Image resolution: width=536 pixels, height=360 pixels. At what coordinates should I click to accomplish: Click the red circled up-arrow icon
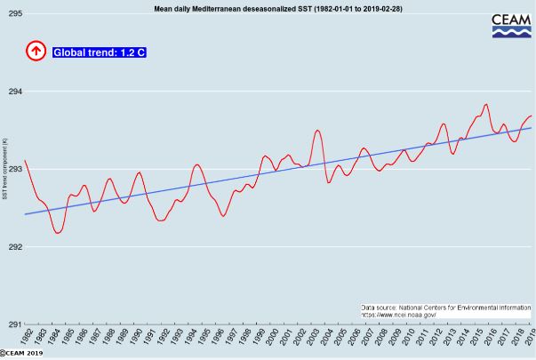(x=36, y=52)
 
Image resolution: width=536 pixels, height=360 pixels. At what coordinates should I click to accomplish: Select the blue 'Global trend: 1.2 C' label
(x=100, y=52)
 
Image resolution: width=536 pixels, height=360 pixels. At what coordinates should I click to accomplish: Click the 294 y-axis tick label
(x=15, y=92)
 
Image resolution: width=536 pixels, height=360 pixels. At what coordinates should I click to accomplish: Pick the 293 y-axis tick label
(x=15, y=169)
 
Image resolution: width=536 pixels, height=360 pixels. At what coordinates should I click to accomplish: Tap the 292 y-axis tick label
(x=15, y=246)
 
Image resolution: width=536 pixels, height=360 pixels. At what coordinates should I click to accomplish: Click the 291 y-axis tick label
(x=15, y=324)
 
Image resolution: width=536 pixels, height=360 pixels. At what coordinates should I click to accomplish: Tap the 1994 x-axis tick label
(x=190, y=336)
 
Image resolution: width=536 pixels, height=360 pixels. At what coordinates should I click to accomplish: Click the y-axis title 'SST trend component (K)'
(x=5, y=169)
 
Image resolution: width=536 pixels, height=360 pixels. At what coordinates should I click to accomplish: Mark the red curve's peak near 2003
(x=317, y=131)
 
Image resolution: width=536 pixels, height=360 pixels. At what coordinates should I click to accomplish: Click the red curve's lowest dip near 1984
(x=58, y=233)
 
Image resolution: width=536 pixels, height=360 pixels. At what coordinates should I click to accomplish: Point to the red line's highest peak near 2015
(x=486, y=104)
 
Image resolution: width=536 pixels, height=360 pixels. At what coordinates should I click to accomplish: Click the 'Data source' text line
(x=445, y=307)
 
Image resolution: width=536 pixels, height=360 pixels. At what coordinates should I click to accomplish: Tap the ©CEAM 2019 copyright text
(x=22, y=354)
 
